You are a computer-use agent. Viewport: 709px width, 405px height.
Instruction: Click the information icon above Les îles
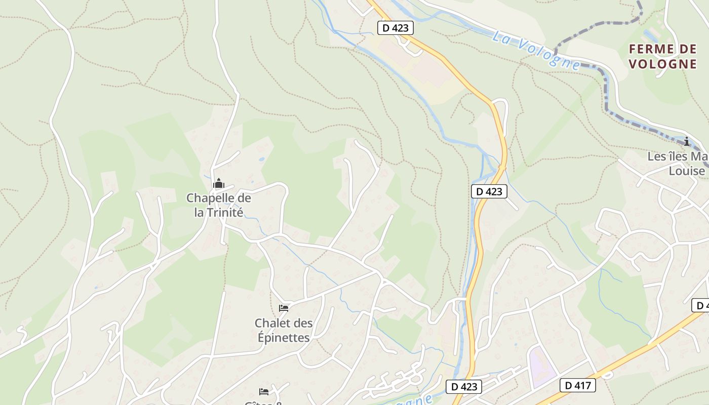tap(687, 141)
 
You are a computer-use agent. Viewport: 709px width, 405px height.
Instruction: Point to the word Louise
tap(687, 171)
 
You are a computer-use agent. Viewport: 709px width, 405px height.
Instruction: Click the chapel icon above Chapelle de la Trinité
tap(219, 183)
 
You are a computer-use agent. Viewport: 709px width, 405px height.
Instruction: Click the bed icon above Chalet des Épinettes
tap(284, 308)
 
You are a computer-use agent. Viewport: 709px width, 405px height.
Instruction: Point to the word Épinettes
tap(284, 337)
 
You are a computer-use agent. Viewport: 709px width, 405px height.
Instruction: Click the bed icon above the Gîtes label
tap(264, 391)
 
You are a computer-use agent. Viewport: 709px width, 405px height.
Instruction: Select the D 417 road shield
tap(578, 385)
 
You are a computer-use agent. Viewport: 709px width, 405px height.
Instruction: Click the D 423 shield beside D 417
tap(464, 386)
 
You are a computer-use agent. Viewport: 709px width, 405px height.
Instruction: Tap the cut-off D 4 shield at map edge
tap(701, 305)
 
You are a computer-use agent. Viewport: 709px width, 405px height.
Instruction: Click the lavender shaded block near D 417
tap(541, 366)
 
